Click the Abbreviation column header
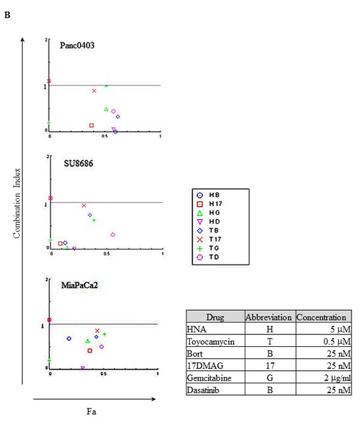pyautogui.click(x=269, y=317)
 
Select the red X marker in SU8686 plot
pyautogui.click(x=84, y=205)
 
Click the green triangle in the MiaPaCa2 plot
pyautogui.click(x=88, y=341)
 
